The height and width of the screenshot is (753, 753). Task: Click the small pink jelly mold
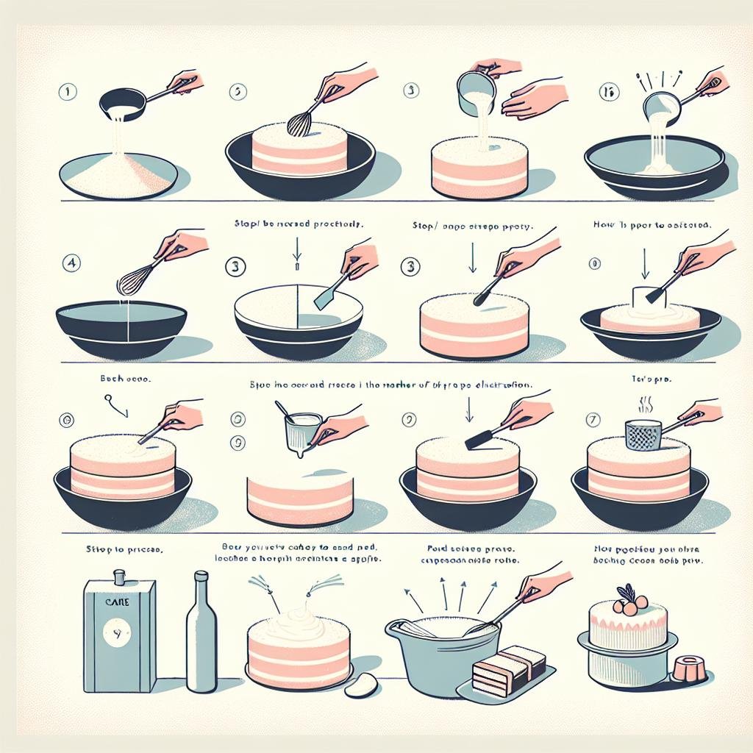pos(684,668)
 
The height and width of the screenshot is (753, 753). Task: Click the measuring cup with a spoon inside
pos(301,431)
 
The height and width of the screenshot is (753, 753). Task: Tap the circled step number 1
pos(67,93)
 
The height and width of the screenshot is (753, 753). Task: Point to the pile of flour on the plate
pos(118,176)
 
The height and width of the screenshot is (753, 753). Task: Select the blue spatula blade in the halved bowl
pos(324,298)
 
